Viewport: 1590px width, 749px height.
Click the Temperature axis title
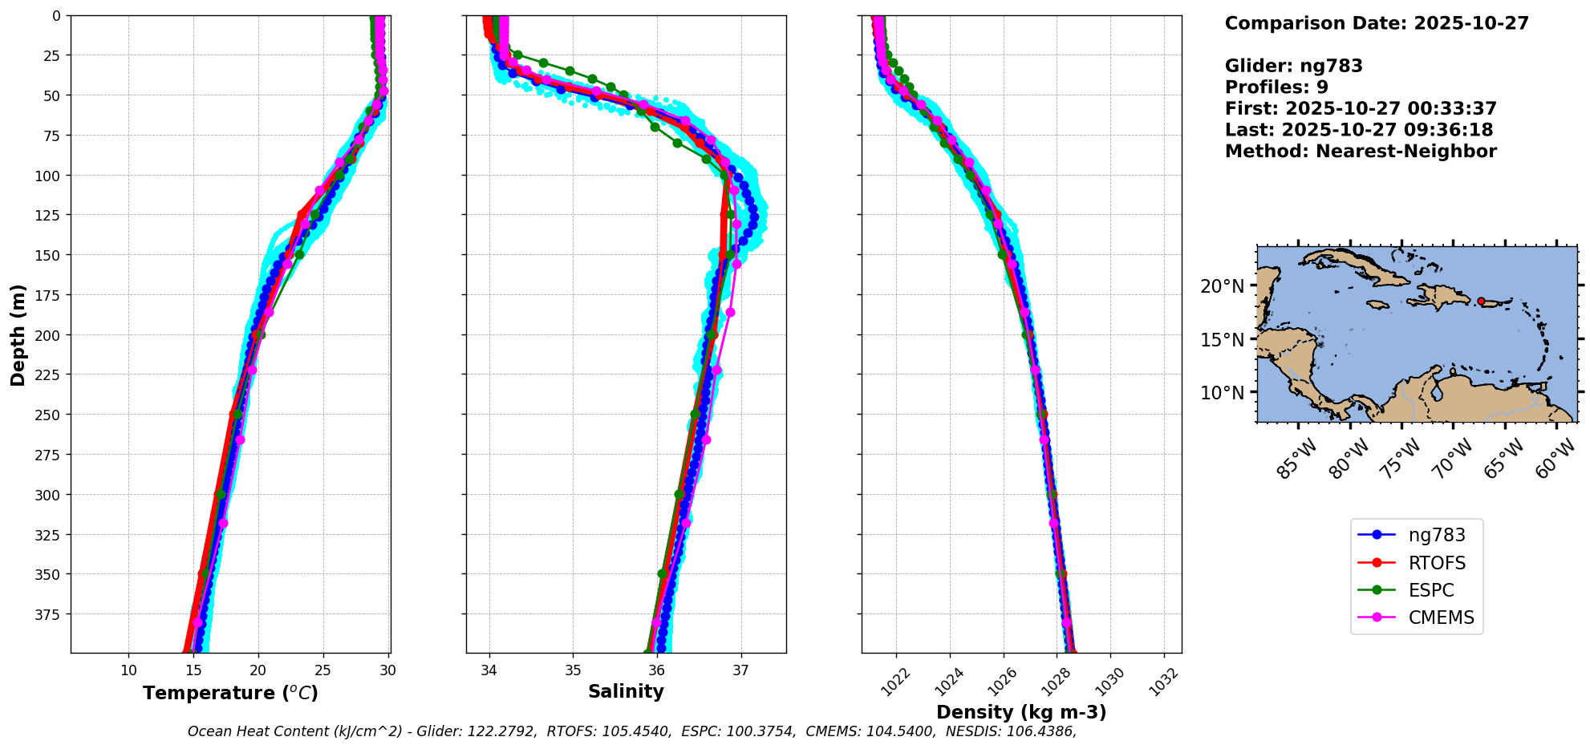coord(230,693)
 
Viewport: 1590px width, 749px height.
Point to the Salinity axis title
coord(626,691)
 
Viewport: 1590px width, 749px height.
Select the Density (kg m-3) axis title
coord(1021,712)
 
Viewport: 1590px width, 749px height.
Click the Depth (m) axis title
coord(18,334)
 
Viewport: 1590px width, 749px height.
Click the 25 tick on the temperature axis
coord(322,670)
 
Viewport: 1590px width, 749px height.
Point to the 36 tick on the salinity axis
coord(656,670)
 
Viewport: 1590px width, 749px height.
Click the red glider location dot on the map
coord(1481,302)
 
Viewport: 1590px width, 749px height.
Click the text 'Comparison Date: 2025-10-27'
coord(1377,23)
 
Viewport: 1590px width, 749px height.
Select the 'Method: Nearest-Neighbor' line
coord(1361,152)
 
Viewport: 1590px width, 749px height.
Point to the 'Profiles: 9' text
coord(1276,87)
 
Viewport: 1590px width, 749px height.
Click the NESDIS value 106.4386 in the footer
coord(1042,731)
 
